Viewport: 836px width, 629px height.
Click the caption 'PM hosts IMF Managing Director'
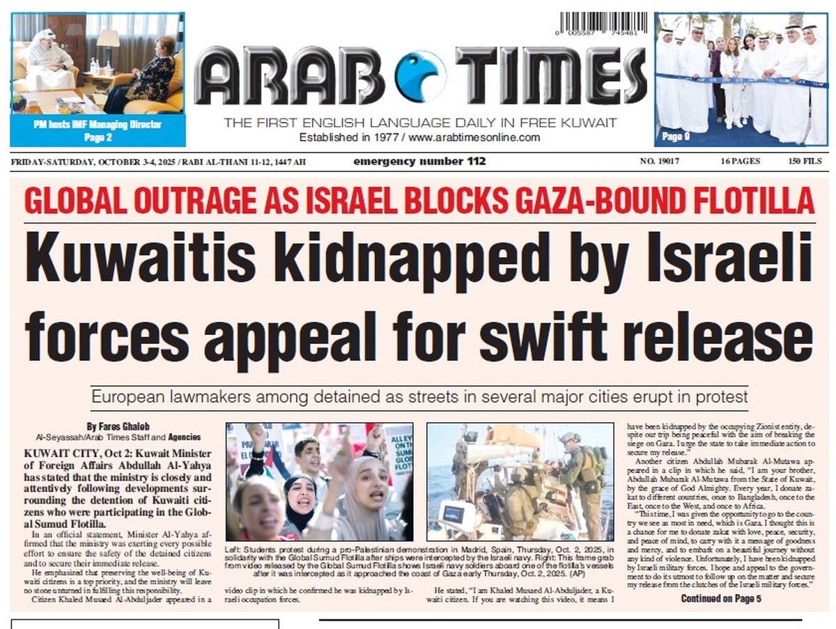point(98,125)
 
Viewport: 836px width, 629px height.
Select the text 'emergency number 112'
point(419,162)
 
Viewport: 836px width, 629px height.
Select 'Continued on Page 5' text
point(721,598)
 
